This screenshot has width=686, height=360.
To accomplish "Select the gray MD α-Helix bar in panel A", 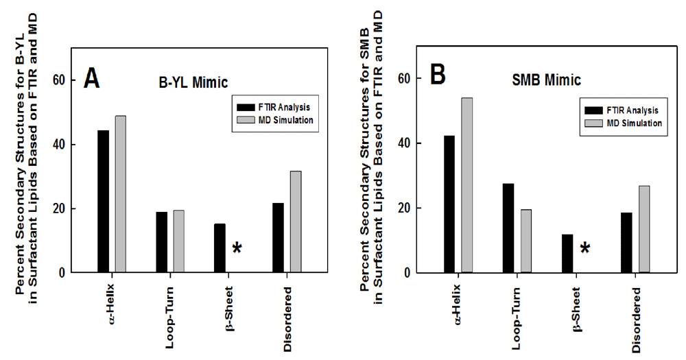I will (120, 194).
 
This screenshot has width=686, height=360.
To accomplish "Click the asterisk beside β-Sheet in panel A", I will (237, 249).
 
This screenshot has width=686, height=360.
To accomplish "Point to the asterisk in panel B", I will (584, 249).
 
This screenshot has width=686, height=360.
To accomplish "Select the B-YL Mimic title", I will (190, 84).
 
